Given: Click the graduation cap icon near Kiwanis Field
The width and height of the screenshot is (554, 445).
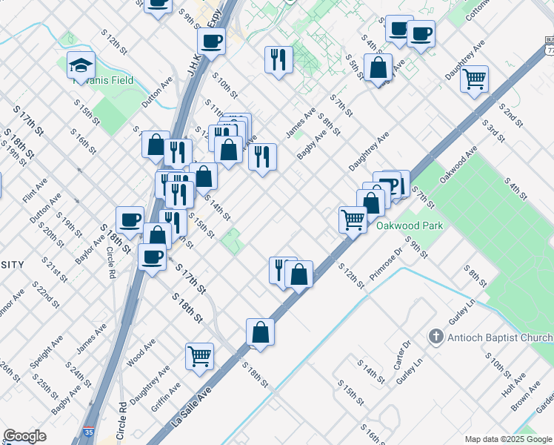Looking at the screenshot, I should click(x=81, y=66).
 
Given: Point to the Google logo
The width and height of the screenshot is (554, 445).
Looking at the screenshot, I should click(x=24, y=436).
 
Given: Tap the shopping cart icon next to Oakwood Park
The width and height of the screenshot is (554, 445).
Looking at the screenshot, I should click(x=353, y=219).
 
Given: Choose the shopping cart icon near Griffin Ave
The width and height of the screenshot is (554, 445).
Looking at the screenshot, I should click(x=199, y=357).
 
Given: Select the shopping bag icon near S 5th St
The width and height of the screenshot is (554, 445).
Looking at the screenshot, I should click(x=378, y=67).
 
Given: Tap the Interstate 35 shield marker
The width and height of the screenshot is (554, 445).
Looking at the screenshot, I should click(x=89, y=431).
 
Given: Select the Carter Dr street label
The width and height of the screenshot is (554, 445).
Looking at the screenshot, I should click(x=403, y=355).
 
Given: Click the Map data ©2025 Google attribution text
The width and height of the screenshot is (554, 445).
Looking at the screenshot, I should click(x=507, y=438).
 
